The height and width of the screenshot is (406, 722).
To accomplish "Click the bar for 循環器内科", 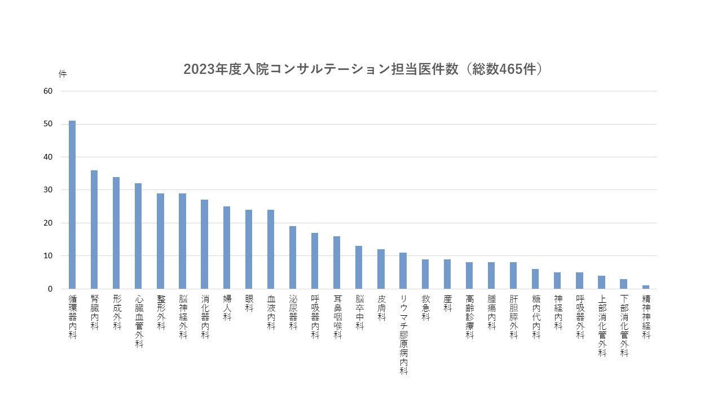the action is point(72,205).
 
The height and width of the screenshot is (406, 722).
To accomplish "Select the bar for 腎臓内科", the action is point(94,230).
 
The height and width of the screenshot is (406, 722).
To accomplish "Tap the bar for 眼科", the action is point(249,249).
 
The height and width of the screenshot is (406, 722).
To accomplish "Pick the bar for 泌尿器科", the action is point(293,258).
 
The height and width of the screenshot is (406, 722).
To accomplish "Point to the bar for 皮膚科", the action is point(381,269).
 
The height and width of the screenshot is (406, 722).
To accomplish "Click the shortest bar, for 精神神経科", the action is point(646,287).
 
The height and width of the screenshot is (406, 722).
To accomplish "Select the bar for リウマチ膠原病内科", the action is point(403,271).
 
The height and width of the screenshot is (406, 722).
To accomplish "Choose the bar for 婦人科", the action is point(227,248).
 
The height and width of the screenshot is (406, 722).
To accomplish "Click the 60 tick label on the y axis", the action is point(48,91).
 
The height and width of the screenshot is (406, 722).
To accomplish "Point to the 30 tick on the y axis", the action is point(48,190).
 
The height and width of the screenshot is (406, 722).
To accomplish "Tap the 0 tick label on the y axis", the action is point(50,289).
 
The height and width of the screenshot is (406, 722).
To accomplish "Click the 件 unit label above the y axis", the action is point(63,74).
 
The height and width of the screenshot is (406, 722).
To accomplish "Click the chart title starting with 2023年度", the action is point(363,69).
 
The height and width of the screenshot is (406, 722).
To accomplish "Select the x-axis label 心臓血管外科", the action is point(139,321).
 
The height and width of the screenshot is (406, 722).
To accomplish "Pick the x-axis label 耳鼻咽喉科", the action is point(337,317).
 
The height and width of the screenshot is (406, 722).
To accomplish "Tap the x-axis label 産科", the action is point(447,303).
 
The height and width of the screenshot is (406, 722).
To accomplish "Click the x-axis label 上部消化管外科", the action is point(602,326).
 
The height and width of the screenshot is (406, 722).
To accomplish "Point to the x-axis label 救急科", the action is point(425,308).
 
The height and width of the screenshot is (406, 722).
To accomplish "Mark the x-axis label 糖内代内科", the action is point(536,317).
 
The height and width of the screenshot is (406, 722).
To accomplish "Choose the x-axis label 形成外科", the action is point(117,312).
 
